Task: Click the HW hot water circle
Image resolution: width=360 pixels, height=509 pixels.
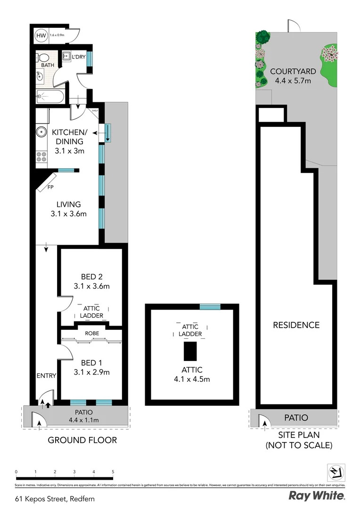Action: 41,35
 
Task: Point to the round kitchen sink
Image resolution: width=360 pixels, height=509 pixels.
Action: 41,132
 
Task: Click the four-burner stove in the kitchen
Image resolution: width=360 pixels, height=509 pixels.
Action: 41,157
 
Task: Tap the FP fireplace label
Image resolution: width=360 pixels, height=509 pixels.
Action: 50,187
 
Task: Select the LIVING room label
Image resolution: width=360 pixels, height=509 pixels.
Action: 69,205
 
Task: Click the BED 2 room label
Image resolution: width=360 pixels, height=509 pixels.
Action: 91,277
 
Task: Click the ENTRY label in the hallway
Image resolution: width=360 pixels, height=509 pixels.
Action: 46,376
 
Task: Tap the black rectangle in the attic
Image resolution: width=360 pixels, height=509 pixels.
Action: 190,351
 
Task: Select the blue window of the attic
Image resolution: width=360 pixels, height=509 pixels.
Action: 210,307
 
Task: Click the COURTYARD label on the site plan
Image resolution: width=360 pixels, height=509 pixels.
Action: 293,72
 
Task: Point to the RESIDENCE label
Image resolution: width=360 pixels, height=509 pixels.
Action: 296,325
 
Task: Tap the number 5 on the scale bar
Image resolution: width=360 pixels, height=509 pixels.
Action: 113,471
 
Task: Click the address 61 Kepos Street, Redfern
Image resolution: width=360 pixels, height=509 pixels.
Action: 52,498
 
